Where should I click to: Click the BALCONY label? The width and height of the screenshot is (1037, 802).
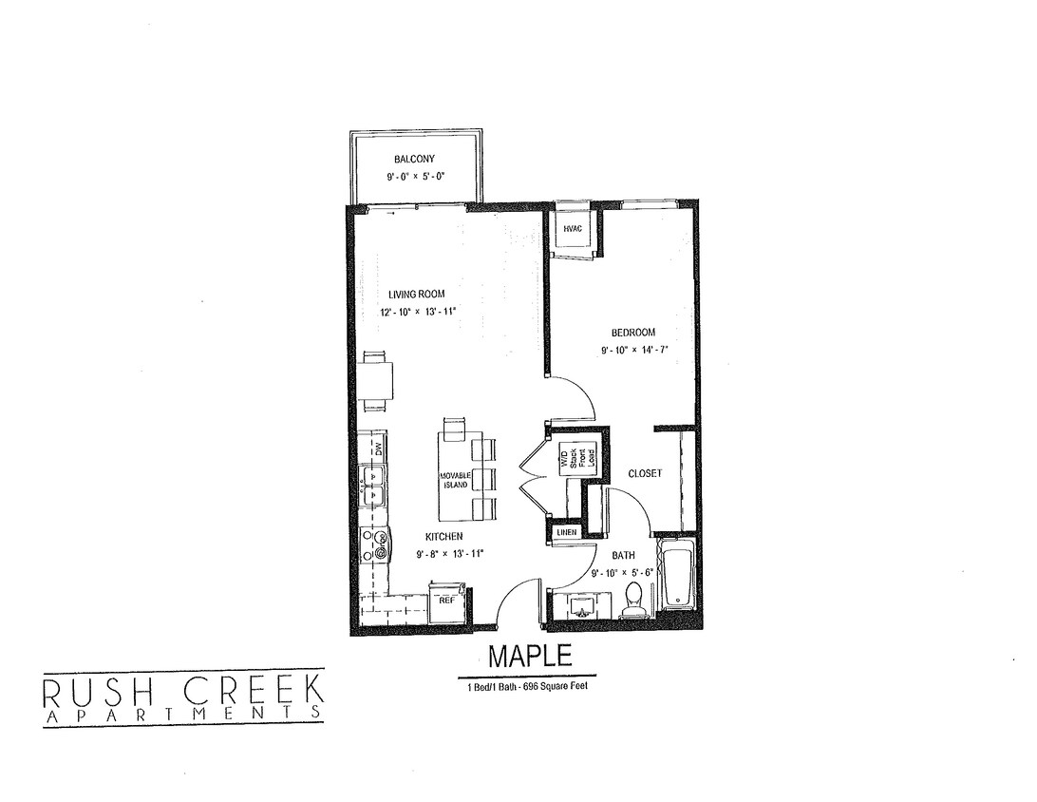point(415,159)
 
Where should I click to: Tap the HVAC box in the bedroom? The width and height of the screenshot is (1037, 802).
point(573,229)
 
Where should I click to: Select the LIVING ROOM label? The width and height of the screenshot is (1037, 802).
point(416,295)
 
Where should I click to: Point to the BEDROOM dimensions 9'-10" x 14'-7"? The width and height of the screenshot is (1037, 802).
point(635,350)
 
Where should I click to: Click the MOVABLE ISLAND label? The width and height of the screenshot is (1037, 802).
point(456,480)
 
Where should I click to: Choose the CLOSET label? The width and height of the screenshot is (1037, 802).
point(645,473)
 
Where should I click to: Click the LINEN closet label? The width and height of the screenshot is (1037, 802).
point(567,533)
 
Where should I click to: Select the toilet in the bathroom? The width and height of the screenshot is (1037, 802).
point(634,600)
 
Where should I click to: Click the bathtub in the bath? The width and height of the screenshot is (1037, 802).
point(679,575)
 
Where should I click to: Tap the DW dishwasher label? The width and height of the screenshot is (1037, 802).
point(377,448)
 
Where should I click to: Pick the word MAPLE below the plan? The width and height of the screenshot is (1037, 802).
point(531,656)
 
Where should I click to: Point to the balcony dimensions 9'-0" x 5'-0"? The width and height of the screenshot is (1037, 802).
point(415,177)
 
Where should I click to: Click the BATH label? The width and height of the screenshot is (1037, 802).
point(623,555)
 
